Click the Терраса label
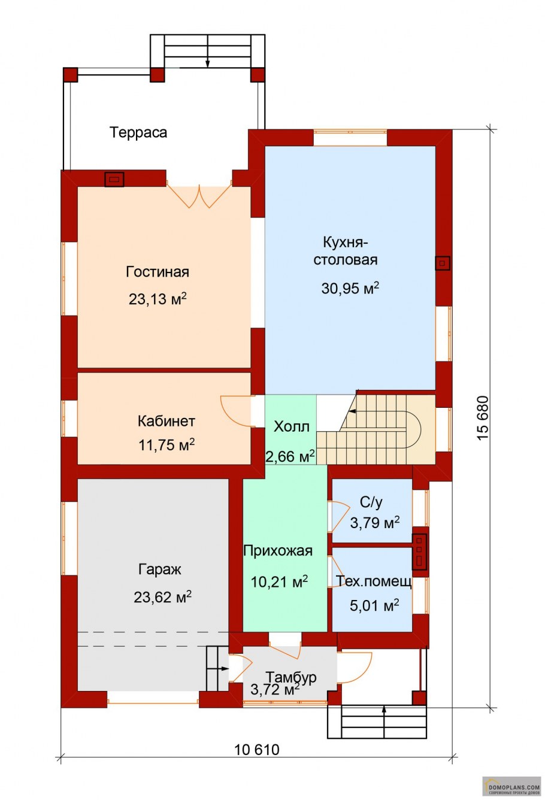(x=138, y=132)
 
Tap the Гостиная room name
(x=158, y=272)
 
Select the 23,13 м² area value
(x=158, y=298)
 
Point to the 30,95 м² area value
(x=350, y=287)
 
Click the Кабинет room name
(x=166, y=421)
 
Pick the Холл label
(x=292, y=427)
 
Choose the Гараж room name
(x=160, y=569)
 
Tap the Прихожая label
(x=278, y=551)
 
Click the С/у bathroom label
(x=371, y=502)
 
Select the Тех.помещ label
(x=374, y=582)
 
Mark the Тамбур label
(x=291, y=677)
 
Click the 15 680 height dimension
(x=483, y=418)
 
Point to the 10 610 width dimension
(x=257, y=750)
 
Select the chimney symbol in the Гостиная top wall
(x=114, y=179)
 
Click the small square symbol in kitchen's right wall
(x=442, y=263)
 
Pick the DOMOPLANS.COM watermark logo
(x=511, y=786)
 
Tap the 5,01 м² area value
(x=374, y=606)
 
